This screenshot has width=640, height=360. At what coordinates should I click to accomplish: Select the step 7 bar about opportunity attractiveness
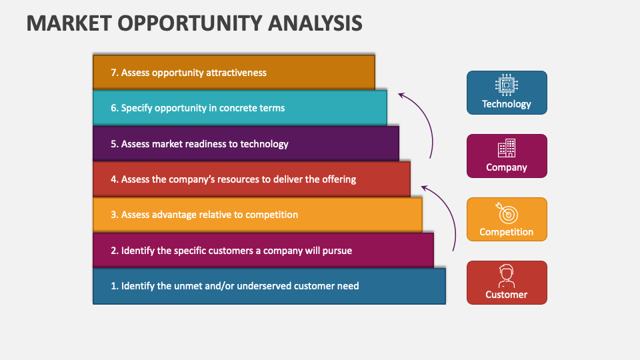tap(233, 72)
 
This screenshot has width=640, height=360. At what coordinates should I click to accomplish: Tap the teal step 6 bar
tap(239, 108)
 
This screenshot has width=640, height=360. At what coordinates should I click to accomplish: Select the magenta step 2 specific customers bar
tap(263, 251)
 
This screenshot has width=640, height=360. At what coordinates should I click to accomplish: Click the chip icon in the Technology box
tap(507, 85)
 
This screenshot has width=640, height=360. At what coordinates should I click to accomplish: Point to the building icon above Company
tap(507, 148)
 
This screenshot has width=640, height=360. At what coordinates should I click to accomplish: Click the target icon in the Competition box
tap(507, 213)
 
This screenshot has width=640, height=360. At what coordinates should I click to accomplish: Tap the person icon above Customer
tap(507, 275)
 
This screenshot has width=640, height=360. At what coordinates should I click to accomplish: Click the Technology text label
tap(507, 104)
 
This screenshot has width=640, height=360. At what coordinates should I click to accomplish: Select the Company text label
tap(507, 167)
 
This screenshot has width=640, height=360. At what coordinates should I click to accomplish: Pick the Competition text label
tap(507, 232)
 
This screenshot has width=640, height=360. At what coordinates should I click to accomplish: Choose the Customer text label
tap(507, 295)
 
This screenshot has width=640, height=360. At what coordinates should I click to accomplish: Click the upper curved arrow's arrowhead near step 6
tap(401, 95)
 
